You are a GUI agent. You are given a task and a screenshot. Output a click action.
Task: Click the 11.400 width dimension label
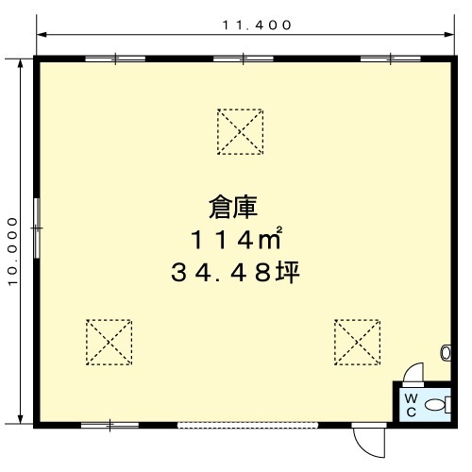tap(257, 25)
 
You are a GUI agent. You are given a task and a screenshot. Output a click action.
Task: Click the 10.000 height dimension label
tap(13, 251)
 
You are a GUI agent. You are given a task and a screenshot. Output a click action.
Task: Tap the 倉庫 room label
tap(233, 207)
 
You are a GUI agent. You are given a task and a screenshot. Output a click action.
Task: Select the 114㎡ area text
tap(236, 238)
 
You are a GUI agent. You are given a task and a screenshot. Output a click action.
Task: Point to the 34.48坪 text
tap(235, 273)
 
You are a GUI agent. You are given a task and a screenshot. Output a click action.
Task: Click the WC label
tap(411, 405)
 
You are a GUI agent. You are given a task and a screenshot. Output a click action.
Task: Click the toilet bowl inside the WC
tap(438, 405)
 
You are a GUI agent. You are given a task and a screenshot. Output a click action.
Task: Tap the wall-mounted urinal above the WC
tap(446, 353)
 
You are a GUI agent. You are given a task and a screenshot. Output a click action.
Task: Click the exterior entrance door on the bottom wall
tap(369, 441)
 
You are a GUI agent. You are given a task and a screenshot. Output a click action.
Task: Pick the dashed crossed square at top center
tap(240, 132)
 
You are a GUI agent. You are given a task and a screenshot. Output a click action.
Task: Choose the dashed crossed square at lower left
tap(109, 343)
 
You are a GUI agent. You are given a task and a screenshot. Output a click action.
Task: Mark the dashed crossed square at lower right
tap(357, 343)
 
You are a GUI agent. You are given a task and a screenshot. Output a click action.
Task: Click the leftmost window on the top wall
tap(115, 59)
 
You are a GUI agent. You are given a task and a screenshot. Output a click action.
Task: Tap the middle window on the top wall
tap(244, 59)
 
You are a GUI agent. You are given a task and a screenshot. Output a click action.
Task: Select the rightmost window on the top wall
tap(391, 59)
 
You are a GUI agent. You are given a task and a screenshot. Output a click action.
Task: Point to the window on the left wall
tap(37, 228)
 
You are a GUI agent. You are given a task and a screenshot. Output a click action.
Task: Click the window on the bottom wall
tap(110, 426)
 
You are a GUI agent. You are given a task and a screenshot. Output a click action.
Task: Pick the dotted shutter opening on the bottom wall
tap(248, 426)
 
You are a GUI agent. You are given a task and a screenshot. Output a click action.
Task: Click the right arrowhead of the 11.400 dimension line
tap(449, 34)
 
